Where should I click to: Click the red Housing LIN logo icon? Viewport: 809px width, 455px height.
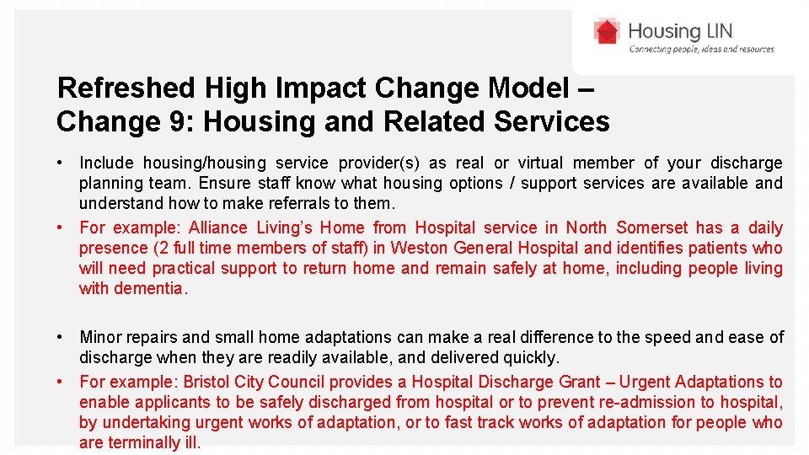click(606, 32)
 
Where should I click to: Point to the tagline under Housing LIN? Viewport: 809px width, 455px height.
click(701, 50)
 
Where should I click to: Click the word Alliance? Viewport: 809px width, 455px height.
click(222, 227)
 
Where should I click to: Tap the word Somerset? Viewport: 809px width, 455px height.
click(651, 227)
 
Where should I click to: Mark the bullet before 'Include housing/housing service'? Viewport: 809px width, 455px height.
click(62, 163)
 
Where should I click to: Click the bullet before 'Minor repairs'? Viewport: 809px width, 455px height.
click(62, 337)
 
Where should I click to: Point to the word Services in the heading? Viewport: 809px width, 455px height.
click(551, 121)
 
